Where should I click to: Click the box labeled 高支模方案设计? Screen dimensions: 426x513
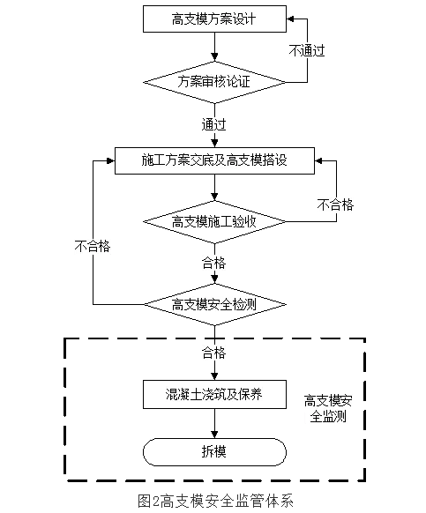pyautogui.click(x=214, y=19)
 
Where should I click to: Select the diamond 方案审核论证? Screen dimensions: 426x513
pyautogui.click(x=214, y=82)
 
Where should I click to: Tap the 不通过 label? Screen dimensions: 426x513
pyautogui.click(x=307, y=51)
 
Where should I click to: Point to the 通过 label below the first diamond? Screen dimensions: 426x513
pyautogui.click(x=213, y=124)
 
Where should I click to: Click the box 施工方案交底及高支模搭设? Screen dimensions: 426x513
pyautogui.click(x=214, y=160)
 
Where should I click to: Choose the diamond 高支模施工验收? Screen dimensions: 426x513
pyautogui.click(x=214, y=222)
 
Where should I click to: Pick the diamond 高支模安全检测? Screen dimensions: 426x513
pyautogui.click(x=214, y=304)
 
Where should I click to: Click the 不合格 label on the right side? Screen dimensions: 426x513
pyautogui.click(x=335, y=204)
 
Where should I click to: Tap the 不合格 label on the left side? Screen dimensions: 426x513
pyautogui.click(x=93, y=246)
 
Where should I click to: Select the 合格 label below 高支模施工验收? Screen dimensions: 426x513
pyautogui.click(x=213, y=263)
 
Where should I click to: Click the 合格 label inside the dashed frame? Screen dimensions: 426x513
pyautogui.click(x=213, y=353)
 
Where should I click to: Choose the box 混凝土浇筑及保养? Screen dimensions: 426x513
pyautogui.click(x=214, y=394)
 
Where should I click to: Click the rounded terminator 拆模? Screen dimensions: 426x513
pyautogui.click(x=214, y=452)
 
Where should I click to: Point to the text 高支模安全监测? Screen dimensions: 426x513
pyautogui.click(x=328, y=408)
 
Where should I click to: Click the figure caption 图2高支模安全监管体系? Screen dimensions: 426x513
pyautogui.click(x=215, y=501)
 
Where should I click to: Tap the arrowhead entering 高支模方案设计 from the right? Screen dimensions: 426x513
pyautogui.click(x=290, y=19)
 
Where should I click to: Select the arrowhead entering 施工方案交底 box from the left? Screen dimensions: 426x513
pyautogui.click(x=111, y=160)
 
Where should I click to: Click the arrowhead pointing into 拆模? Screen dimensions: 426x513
pyautogui.click(x=214, y=435)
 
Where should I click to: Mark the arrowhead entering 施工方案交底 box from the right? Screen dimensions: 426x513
pyautogui.click(x=318, y=160)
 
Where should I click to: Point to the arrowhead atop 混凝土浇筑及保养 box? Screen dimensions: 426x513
pyautogui.click(x=214, y=376)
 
